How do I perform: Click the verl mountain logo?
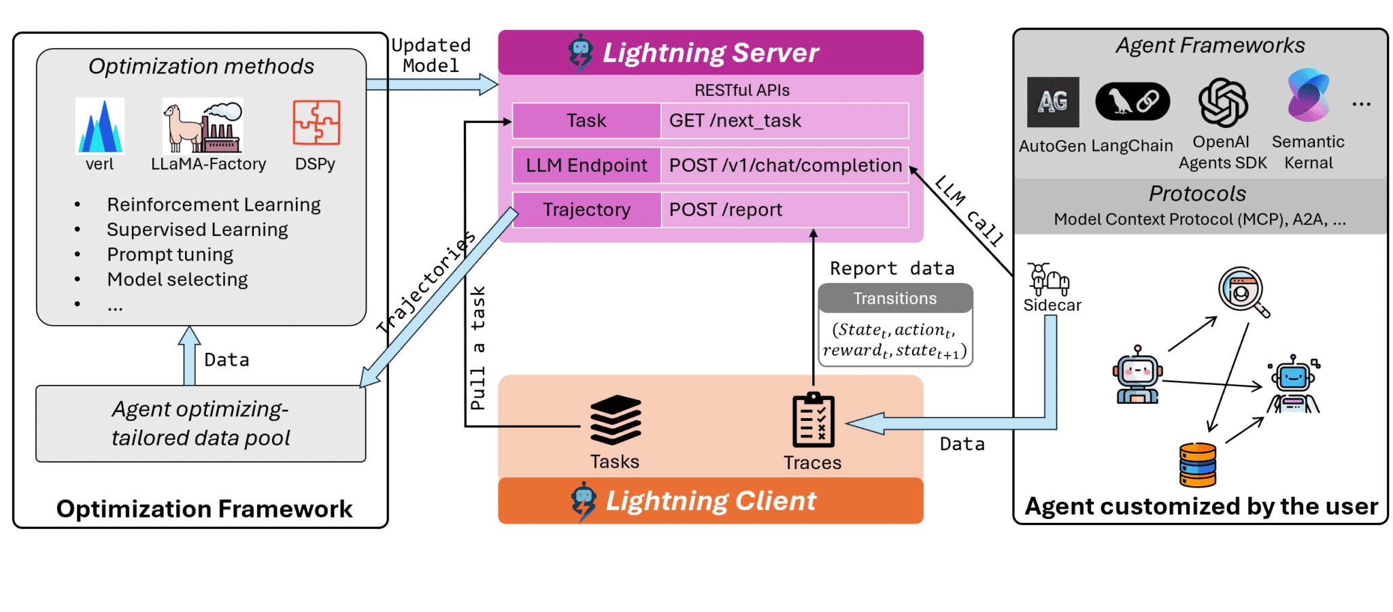[x=100, y=126]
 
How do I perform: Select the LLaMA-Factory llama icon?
[x=203, y=126]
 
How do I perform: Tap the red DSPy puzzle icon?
[x=316, y=122]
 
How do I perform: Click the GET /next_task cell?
[x=784, y=120]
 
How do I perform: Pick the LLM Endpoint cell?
[x=586, y=165]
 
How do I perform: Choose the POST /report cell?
[x=784, y=209]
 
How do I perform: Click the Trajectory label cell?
[x=586, y=209]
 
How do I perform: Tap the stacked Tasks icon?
[x=615, y=420]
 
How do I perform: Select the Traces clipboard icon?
[x=813, y=421]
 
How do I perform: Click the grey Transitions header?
[x=895, y=299]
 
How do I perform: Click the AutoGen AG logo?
[x=1053, y=102]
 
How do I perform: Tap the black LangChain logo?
[x=1132, y=102]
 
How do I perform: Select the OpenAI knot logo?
[x=1223, y=103]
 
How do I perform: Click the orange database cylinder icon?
[x=1198, y=465]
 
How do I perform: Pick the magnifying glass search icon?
[x=1243, y=292]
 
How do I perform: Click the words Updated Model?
[x=431, y=55]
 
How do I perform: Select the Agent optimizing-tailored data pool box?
[x=201, y=424]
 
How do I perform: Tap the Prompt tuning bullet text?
[x=170, y=254]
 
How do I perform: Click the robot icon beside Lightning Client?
[x=584, y=501]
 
